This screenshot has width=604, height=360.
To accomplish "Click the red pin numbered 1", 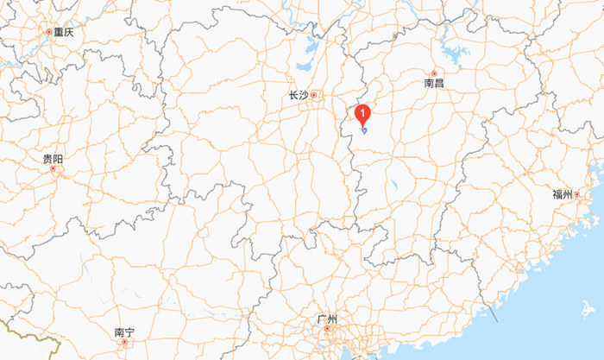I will coord(363,112).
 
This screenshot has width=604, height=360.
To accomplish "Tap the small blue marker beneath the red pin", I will coord(364,129).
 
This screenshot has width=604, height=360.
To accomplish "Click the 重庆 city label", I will coord(63,32).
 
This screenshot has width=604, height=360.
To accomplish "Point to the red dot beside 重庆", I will coord(48,32).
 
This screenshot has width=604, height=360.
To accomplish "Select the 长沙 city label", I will coord(299,95).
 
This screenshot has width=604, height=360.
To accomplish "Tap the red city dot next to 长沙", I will coord(314,95).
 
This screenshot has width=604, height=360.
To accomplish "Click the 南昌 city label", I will coord(434,84).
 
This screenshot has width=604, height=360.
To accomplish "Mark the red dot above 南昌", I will coord(434,73).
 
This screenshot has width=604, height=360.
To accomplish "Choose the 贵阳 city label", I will coord(53,159).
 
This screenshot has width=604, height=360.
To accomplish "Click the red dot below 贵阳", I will coord(53,169).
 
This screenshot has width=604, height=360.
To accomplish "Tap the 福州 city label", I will coord(563,194).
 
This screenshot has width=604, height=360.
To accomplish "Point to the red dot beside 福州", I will coord(577,194).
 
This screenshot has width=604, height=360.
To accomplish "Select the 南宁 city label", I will coord(124,332).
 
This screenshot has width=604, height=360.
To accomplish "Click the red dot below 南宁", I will coord(124,342).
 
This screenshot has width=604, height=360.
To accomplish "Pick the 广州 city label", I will coord(327,319).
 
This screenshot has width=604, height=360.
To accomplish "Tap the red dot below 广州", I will coord(327,330).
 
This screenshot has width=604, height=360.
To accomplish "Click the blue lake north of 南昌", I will coord(454,57).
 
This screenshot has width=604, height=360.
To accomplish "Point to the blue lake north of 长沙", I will coord(303,63).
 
